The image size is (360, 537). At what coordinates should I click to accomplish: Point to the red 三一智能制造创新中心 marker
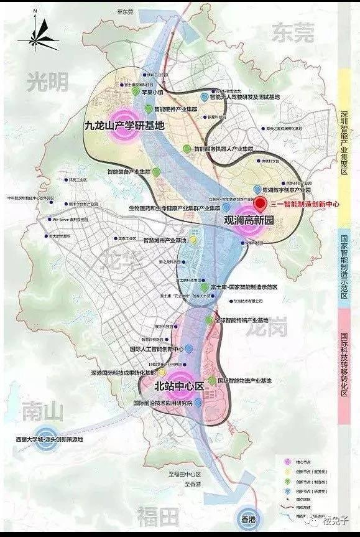coord(261,203)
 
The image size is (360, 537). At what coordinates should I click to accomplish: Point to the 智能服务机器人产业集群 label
coord(224,149)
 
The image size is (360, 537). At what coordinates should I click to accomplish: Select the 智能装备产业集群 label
coord(130,171)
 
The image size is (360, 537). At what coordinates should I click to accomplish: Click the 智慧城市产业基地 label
coord(164,240)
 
